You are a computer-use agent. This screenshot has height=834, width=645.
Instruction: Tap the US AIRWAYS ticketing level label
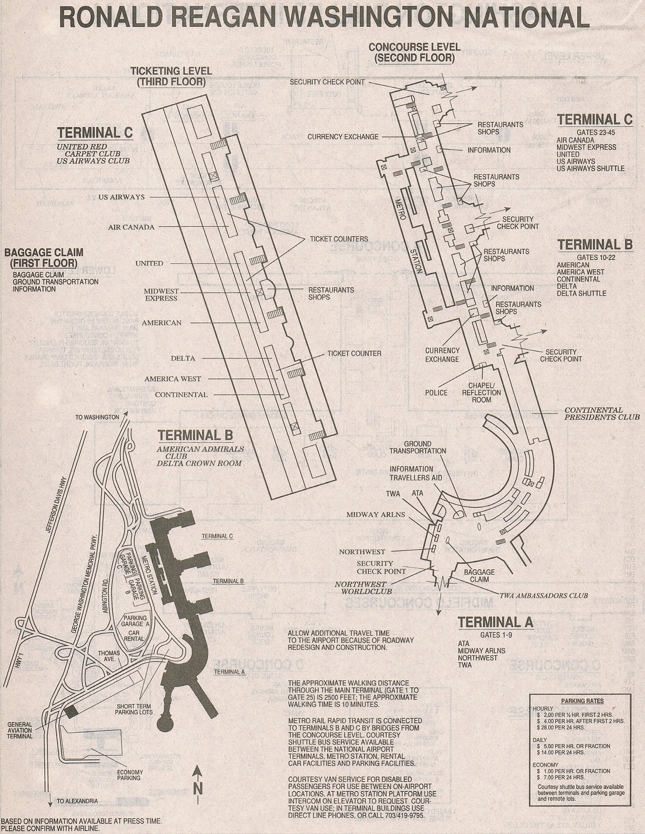pos(121,197)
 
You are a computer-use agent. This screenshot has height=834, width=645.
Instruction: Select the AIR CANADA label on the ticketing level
pos(131,227)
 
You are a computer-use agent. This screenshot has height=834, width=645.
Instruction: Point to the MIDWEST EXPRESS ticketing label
pos(162,295)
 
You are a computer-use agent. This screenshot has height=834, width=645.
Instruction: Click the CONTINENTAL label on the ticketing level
pos(181,395)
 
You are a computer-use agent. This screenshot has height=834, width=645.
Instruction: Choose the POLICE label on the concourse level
pos(436,393)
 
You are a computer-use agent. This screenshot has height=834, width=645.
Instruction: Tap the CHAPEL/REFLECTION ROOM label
pos(481,392)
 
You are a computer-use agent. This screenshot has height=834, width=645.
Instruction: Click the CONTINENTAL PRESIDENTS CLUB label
pos(593,413)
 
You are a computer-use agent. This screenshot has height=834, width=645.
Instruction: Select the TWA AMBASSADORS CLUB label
pos(543,596)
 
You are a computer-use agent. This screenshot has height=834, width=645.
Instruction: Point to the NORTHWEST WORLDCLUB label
pos(361,588)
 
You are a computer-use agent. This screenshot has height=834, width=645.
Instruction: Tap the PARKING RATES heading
pos(582,701)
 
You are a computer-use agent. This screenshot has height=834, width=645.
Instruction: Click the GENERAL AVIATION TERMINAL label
pos(20,730)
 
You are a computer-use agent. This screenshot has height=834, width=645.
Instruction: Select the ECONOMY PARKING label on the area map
pos(129,775)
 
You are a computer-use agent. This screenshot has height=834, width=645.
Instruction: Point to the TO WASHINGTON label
pos(97,418)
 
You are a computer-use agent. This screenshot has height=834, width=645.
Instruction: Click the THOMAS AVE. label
pos(109,656)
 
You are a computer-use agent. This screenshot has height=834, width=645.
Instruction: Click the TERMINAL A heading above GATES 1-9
pos(495,622)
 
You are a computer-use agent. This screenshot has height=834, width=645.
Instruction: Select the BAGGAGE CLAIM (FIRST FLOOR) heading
pos(44,258)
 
